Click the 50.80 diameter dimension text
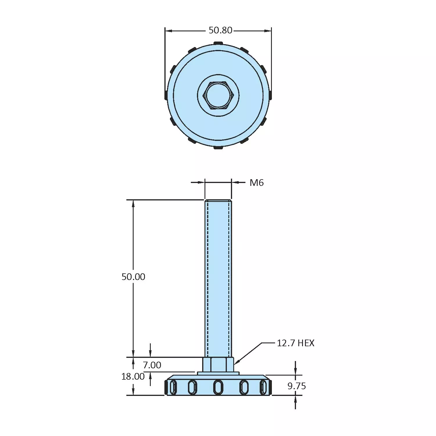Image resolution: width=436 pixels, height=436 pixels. (x=220, y=30)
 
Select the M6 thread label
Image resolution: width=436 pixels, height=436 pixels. (x=256, y=183)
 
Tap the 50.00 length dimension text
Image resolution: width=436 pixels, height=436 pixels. (x=133, y=277)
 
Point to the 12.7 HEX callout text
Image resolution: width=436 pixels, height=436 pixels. (x=295, y=343)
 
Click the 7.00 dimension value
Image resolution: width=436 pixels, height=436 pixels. (x=152, y=365)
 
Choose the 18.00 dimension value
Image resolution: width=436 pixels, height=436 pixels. (x=133, y=376)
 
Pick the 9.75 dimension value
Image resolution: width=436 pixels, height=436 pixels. (x=297, y=386)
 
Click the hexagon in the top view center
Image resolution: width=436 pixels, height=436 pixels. (x=218, y=95)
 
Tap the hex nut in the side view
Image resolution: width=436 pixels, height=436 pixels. (x=218, y=364)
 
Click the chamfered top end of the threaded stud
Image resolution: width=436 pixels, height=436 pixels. (x=218, y=201)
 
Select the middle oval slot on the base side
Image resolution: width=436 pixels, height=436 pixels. (x=218, y=387)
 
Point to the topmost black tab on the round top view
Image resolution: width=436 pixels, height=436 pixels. (x=218, y=43)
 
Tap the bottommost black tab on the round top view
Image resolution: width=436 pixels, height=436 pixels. (x=218, y=148)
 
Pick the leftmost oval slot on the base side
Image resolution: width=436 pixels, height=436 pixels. (x=173, y=387)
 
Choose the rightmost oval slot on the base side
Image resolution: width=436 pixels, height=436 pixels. (x=263, y=387)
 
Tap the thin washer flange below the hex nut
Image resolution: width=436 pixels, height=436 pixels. (x=218, y=373)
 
